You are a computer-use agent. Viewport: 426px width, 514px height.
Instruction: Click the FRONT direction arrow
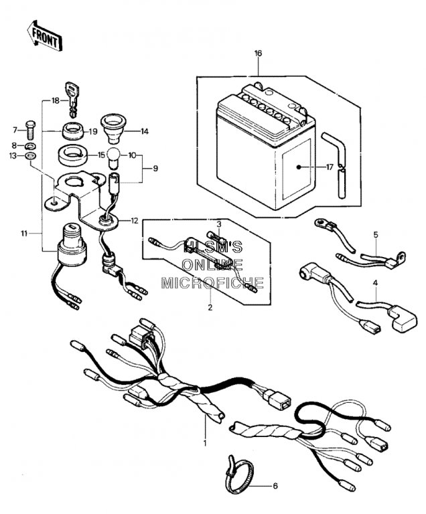coord(45,36)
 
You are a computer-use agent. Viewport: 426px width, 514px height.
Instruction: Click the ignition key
coord(73,98)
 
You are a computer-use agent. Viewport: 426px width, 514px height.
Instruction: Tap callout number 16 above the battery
coord(259,53)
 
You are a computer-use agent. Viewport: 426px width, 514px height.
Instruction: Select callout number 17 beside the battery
coord(330,167)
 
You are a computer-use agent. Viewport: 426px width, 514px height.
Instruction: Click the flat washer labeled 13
coord(31,155)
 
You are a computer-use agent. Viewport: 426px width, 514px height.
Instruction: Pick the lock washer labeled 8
coord(31,145)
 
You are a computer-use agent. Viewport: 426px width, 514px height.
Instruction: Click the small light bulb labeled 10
coord(113,157)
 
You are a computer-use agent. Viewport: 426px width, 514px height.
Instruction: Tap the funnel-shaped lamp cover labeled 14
coord(114,128)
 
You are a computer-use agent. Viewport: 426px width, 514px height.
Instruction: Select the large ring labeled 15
coord(73,155)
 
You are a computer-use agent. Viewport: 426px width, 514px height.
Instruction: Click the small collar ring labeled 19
coord(72,130)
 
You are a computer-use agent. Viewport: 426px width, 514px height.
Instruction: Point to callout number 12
coord(135,221)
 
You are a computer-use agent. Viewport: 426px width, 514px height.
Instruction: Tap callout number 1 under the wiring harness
coord(205,444)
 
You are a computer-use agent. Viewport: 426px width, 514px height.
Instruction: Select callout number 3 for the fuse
coord(219,225)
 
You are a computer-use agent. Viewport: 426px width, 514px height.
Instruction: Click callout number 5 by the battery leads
coord(376,235)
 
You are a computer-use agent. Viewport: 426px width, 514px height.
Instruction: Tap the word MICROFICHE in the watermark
coord(213,282)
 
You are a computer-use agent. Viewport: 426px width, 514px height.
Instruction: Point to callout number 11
coord(24,234)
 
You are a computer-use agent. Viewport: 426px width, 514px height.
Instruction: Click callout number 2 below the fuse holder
coord(210,307)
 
